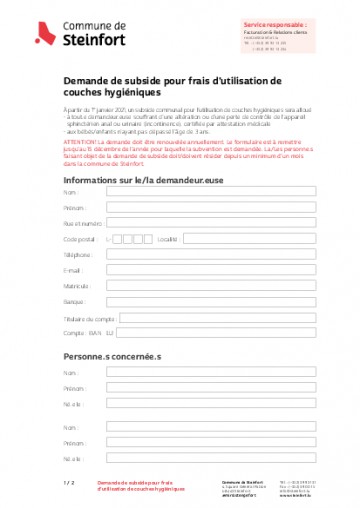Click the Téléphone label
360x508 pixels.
(77, 255)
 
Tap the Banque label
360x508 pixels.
(73, 301)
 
